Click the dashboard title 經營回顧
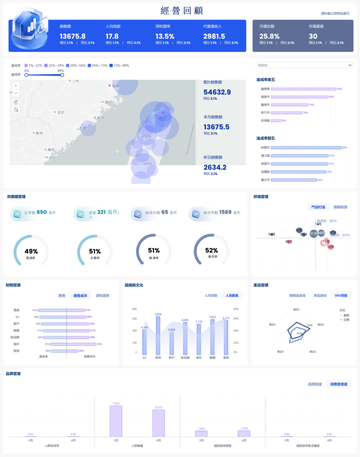pyautogui.click(x=181, y=11)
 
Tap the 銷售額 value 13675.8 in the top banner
pyautogui.click(x=73, y=36)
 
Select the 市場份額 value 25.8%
pyautogui.click(x=270, y=36)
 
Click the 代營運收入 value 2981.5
pyautogui.click(x=214, y=36)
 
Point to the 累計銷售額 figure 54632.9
pyautogui.click(x=217, y=92)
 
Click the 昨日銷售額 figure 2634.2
pyautogui.click(x=215, y=167)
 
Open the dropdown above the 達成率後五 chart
pyautogui.click(x=304, y=65)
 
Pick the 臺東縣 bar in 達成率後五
pyautogui.click(x=298, y=89)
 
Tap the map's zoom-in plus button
pyautogui.click(x=16, y=86)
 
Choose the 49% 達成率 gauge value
pyautogui.click(x=31, y=251)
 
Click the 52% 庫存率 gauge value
pyautogui.click(x=211, y=251)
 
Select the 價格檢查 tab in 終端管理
pyautogui.click(x=340, y=207)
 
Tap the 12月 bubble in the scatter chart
pyautogui.click(x=330, y=246)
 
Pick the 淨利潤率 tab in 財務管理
pyautogui.click(x=102, y=296)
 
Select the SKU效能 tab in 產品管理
pyautogui.click(x=341, y=295)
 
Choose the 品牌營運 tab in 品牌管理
pyautogui.click(x=315, y=384)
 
